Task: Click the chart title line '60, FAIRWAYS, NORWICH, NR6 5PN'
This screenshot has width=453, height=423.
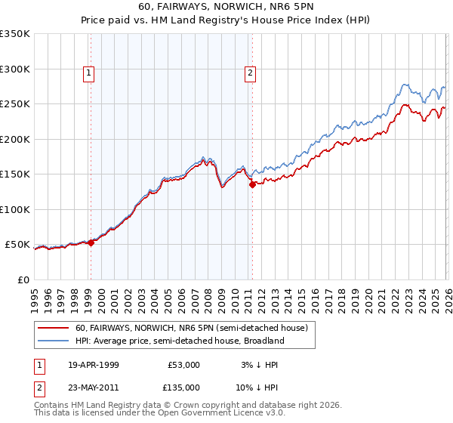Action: [x=226, y=7]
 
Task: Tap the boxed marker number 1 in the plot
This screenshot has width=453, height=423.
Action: [x=89, y=73]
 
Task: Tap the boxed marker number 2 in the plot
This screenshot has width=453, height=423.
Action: [x=250, y=73]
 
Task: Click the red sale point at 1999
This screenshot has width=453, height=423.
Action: [x=91, y=242]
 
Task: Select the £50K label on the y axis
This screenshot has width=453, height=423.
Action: [x=18, y=245]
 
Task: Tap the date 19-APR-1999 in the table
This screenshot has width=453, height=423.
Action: [x=94, y=365]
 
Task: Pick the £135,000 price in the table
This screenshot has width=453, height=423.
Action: [x=183, y=387]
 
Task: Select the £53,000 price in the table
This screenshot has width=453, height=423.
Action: [x=183, y=365]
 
